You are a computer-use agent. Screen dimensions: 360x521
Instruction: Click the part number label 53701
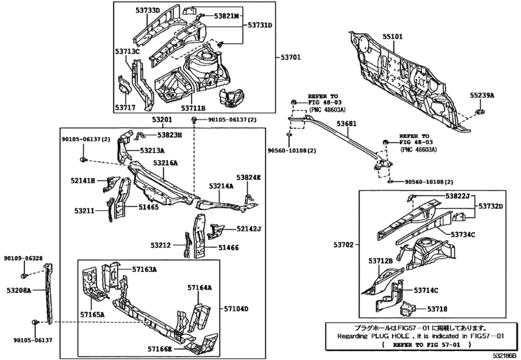[290, 57]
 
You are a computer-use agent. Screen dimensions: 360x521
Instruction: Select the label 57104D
[236, 308]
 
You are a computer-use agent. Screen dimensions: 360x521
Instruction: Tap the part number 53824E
[249, 177]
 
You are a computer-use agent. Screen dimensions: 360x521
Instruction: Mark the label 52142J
[248, 228]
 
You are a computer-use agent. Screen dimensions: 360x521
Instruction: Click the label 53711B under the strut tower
[193, 108]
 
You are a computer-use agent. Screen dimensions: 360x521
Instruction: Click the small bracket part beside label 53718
[409, 310]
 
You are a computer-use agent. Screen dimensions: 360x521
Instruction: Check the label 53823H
[170, 135]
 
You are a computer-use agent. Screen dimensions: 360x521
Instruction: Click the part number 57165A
[93, 314]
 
